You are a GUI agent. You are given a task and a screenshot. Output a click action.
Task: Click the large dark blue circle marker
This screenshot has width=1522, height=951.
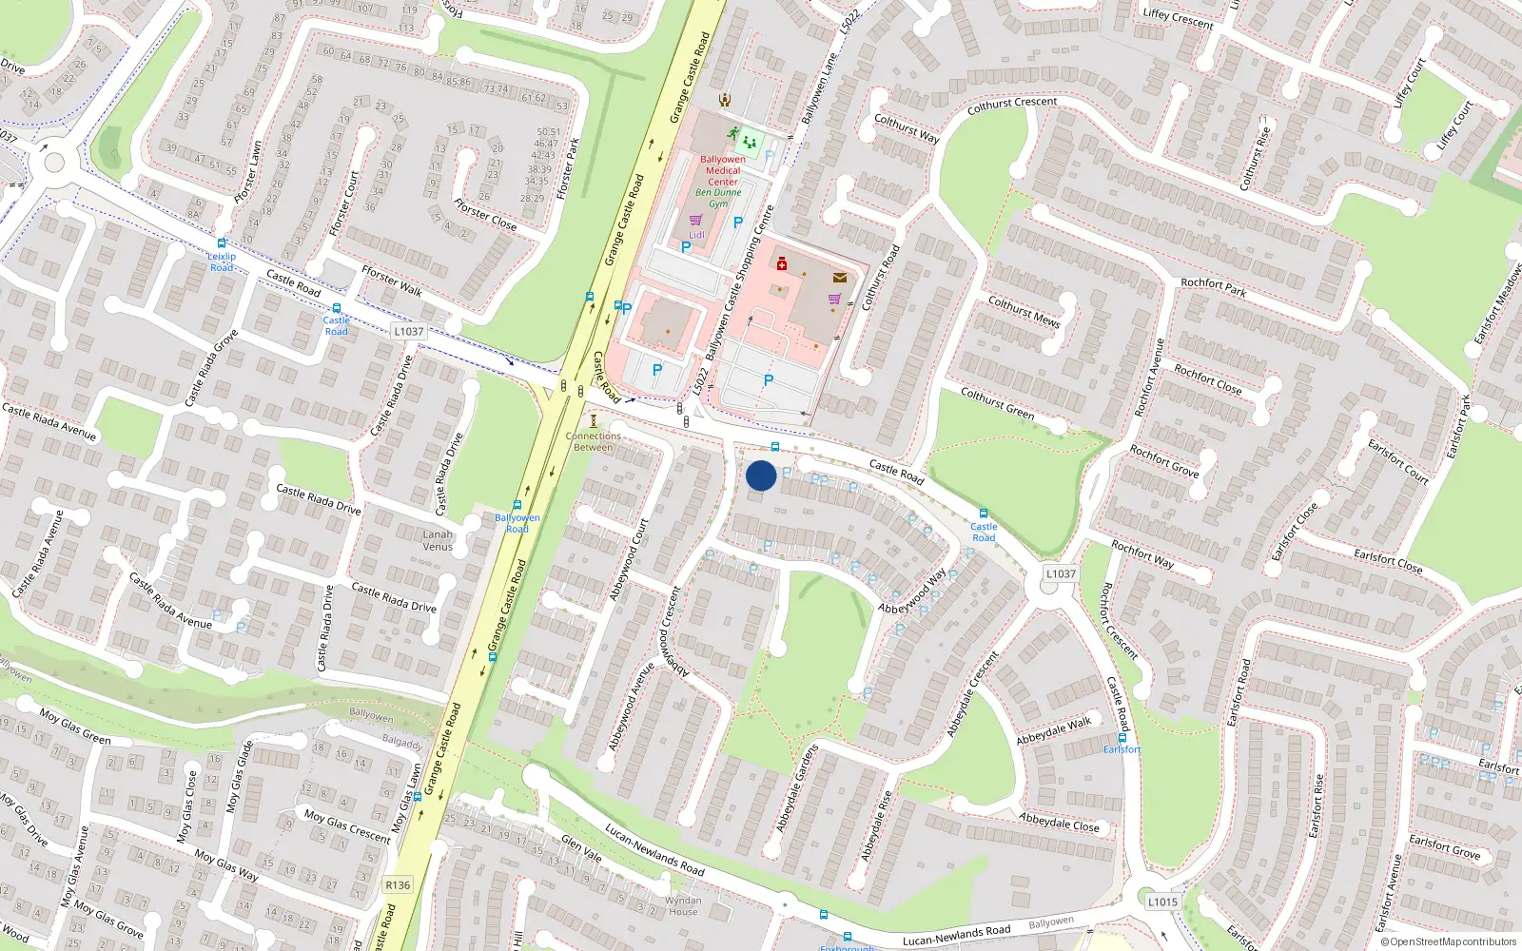click(x=761, y=475)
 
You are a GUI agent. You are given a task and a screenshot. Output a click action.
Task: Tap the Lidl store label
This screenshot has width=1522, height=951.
click(x=697, y=235)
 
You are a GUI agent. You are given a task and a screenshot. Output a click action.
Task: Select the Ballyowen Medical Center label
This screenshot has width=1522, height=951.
click(x=723, y=170)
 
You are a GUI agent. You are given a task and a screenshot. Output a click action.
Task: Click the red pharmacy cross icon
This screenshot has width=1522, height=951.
click(x=782, y=263)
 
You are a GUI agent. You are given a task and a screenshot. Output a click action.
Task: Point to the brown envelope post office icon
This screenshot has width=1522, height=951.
click(x=840, y=278)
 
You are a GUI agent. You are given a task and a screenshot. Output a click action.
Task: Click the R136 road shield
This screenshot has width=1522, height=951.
click(x=398, y=885)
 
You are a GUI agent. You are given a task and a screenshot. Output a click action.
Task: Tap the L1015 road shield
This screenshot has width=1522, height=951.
click(x=1162, y=902)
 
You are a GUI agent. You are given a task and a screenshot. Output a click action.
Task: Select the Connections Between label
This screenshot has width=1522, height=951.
click(x=594, y=441)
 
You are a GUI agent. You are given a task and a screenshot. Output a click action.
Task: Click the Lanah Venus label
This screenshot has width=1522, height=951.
click(x=438, y=540)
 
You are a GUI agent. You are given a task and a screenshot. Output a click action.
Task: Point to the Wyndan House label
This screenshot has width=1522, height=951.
click(x=683, y=905)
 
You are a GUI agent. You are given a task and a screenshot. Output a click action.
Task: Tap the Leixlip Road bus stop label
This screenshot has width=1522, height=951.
click(x=222, y=262)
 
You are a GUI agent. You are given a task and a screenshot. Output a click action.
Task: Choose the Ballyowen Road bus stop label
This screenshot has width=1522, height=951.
click(x=517, y=523)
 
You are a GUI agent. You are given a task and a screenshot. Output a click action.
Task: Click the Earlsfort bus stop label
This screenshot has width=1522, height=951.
click(x=1122, y=749)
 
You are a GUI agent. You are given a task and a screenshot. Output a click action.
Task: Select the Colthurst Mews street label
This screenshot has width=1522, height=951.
click(x=1024, y=311)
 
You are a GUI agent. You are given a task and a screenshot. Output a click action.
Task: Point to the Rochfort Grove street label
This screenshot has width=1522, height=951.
click(x=1163, y=460)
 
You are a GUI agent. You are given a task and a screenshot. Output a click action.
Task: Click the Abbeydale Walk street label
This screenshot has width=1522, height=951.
click(x=1054, y=731)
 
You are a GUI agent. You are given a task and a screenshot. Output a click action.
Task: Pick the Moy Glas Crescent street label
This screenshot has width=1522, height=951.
click(x=347, y=825)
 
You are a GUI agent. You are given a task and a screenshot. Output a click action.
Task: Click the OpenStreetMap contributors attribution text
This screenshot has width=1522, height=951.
click(x=1449, y=941)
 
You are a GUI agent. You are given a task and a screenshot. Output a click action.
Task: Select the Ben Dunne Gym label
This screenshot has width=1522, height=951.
click(x=718, y=198)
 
